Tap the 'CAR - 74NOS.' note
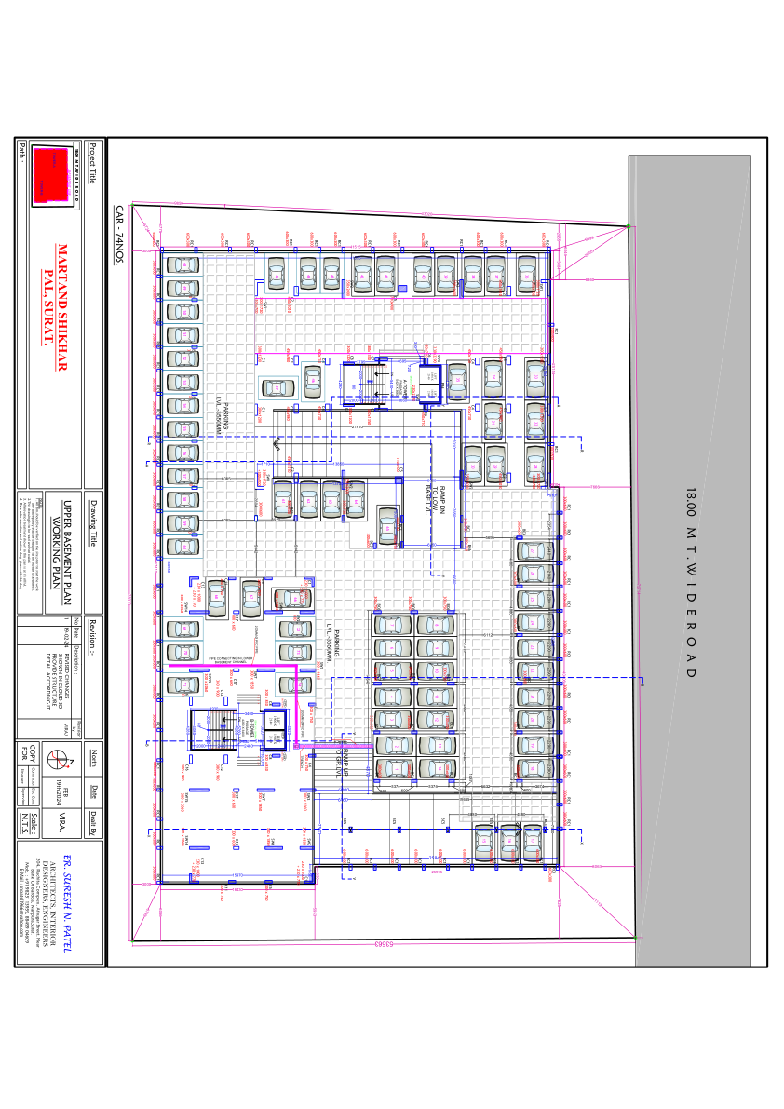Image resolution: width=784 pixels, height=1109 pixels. (119, 236)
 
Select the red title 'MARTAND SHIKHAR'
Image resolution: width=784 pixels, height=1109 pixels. (63, 308)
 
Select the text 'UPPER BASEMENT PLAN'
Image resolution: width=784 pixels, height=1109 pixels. (68, 550)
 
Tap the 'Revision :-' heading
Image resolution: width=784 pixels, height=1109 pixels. (92, 633)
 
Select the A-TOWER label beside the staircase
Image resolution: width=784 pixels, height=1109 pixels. (406, 387)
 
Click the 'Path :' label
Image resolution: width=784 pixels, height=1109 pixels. (20, 153)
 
